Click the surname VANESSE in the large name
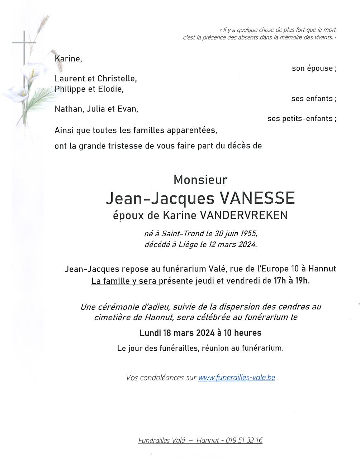257,198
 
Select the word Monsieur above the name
200,180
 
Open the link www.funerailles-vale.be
237,378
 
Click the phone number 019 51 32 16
244,440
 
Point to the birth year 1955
248,234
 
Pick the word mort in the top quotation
330,30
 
